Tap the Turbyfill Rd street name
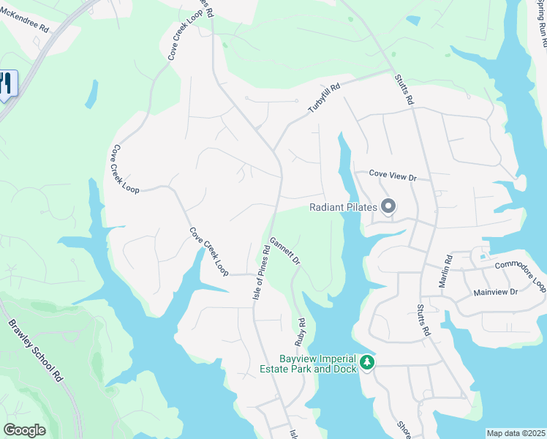click(x=325, y=98)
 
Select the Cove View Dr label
click(x=392, y=176)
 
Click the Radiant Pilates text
click(x=343, y=207)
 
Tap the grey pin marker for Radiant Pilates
click(x=388, y=207)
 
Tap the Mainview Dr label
click(x=495, y=291)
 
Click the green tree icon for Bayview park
click(x=367, y=362)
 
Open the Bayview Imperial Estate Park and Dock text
click(x=318, y=364)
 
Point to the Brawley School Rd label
click(x=36, y=350)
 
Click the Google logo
click(x=24, y=430)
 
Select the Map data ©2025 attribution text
click(x=516, y=433)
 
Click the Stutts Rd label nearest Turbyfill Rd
click(x=404, y=88)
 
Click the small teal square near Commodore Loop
click(x=483, y=257)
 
